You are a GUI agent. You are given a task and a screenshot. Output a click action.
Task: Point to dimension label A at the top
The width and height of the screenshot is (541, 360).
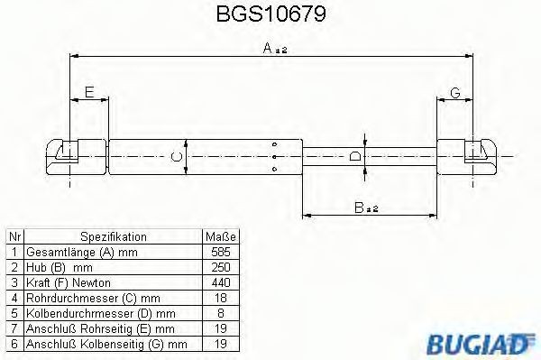pos(269,52)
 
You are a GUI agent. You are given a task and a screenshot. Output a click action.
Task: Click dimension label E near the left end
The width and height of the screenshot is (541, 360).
pos(88,91)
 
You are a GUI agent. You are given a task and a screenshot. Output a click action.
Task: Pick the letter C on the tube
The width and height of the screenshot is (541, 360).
pos(177,157)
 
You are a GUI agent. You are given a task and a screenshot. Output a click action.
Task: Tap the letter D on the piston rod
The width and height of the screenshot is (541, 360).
pos(355,157)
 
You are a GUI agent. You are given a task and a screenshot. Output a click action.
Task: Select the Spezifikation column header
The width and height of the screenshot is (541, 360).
pos(114,236)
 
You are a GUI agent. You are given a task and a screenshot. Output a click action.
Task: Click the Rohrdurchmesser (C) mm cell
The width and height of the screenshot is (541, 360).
pos(94,298)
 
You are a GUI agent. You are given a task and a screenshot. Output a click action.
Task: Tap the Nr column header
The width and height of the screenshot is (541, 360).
pos(14,236)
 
